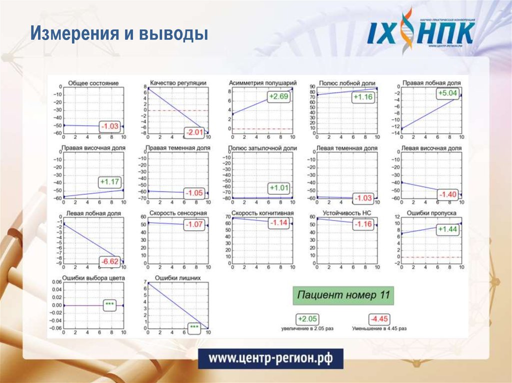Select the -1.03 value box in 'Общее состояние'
pos(109,126)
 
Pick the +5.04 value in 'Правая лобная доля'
pos(447,93)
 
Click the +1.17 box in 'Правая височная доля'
pos(110,182)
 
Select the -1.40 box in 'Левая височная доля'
pos(447,194)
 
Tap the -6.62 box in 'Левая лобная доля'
pos(109,261)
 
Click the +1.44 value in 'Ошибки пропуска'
pos(447,229)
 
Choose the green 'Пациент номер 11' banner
pos(343,295)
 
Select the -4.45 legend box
pos(379,319)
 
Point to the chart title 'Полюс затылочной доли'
pos(262,148)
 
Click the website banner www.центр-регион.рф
pos(270,359)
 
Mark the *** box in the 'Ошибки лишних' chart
pos(194,328)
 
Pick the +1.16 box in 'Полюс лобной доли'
pos(362,96)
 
